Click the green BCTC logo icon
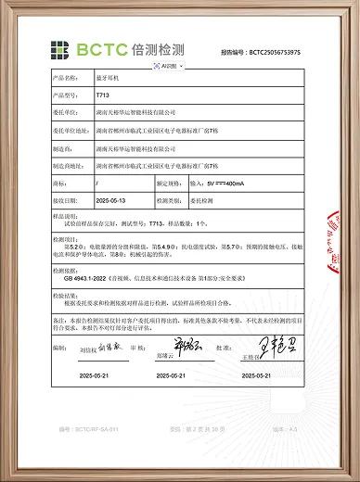60,49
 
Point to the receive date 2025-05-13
110,200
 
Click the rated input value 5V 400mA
228,185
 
